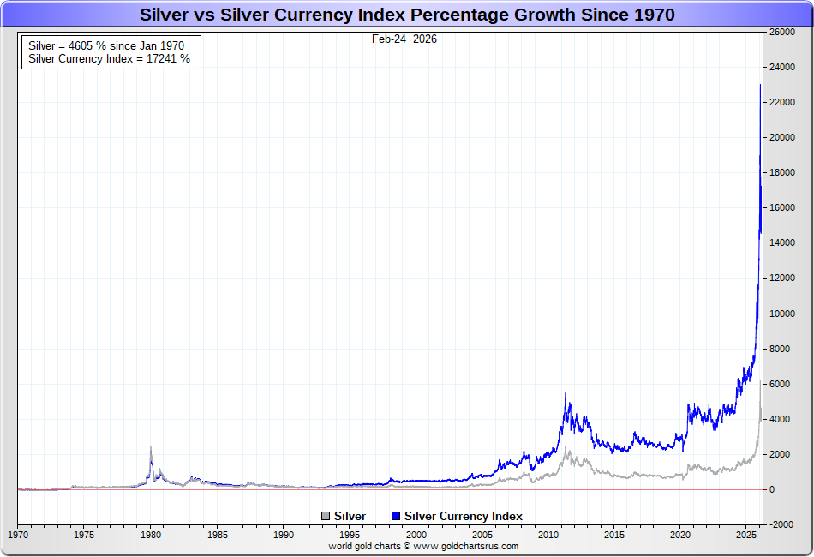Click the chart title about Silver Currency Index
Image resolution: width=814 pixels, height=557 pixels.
(407, 15)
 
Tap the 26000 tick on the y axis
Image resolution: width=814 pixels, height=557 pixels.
(782, 33)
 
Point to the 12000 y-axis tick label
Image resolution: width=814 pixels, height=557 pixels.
(782, 278)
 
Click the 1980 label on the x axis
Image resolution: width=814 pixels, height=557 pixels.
(150, 535)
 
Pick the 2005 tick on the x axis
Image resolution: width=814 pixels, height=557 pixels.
(482, 535)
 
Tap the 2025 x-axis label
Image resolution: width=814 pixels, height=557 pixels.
(746, 535)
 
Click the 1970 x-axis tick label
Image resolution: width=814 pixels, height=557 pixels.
(18, 535)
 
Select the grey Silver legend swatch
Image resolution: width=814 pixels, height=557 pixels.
(326, 516)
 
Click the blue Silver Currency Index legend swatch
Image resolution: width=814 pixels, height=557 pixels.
(395, 516)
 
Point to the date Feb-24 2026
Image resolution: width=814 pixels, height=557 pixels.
(404, 39)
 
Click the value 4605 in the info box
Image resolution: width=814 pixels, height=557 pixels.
(82, 45)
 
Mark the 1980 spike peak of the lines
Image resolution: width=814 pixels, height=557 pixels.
(151, 446)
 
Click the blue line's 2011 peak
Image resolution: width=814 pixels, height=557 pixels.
(566, 393)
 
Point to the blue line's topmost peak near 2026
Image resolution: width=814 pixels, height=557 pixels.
(761, 84)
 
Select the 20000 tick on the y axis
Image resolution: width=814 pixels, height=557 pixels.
(782, 138)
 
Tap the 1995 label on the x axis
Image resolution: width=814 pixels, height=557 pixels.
(349, 535)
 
